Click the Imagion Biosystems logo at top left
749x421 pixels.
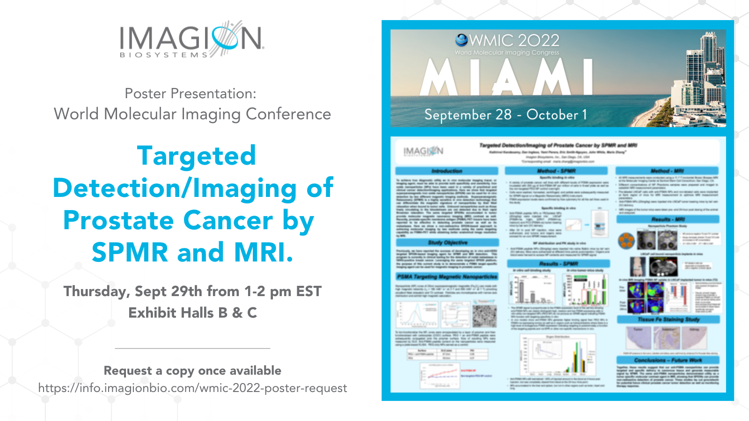(192, 39)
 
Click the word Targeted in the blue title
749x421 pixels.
(197, 156)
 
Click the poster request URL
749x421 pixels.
(192, 388)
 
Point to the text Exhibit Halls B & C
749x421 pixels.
(192, 313)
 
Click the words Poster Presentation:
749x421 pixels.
(191, 94)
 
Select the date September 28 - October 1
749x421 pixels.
(506, 115)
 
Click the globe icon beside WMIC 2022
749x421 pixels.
(461, 40)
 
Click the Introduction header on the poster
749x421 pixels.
(447, 171)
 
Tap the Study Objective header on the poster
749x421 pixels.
(448, 243)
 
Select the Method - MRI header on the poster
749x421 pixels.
(667, 171)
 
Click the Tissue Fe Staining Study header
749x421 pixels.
(668, 319)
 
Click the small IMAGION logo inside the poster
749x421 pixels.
(423, 151)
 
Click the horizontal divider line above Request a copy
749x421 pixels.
(192, 348)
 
